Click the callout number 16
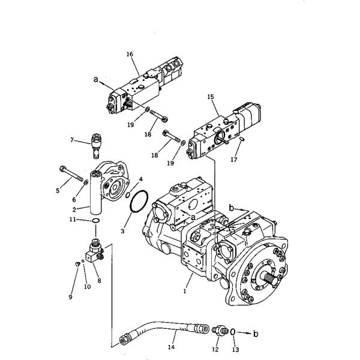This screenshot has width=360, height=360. tap(130, 54)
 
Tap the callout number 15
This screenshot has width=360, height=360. tap(210, 96)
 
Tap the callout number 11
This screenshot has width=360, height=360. tap(71, 221)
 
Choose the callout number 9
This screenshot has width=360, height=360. tap(71, 296)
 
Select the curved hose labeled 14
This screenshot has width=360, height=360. tap(162, 329)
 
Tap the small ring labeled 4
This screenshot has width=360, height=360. tap(128, 193)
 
